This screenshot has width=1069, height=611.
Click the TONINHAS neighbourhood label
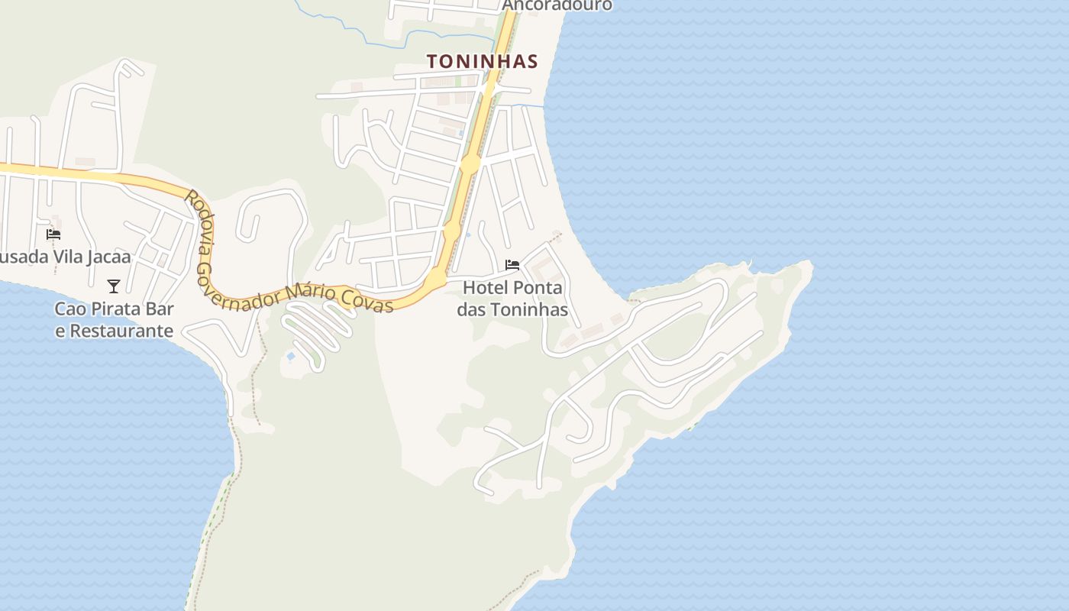(x=482, y=61)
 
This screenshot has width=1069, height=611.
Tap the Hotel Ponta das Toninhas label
(x=512, y=299)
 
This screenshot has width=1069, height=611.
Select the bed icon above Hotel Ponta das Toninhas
(x=512, y=265)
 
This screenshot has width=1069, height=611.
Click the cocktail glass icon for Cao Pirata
(x=114, y=286)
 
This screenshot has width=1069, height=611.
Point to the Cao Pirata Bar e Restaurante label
(x=114, y=320)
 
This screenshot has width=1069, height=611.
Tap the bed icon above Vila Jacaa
(x=53, y=234)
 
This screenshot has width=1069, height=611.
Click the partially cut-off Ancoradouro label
(x=557, y=5)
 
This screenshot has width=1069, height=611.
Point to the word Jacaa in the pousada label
(x=109, y=257)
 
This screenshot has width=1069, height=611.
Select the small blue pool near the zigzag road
(x=290, y=356)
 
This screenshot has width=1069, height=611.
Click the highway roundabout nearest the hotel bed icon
(x=434, y=280)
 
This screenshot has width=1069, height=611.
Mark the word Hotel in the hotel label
(x=486, y=288)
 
